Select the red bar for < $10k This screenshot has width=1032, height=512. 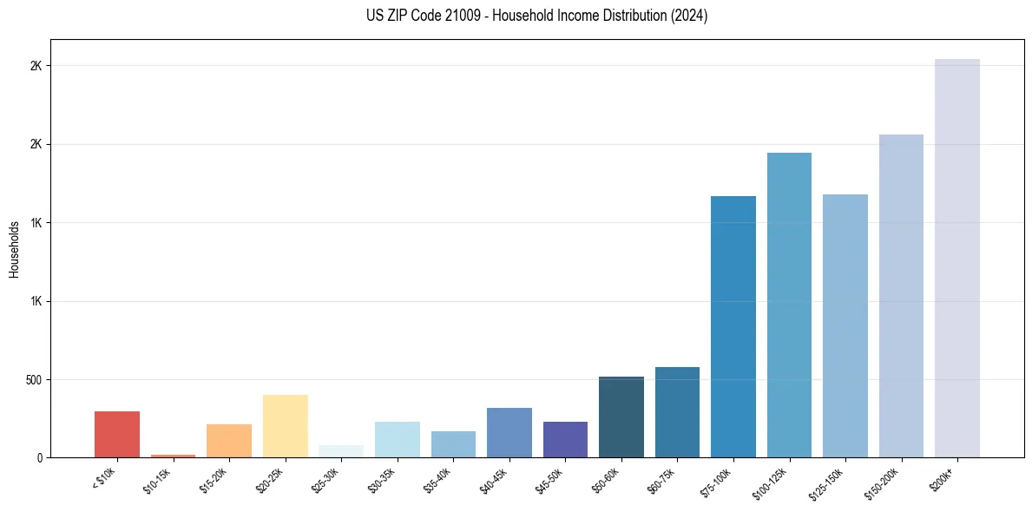click(x=117, y=434)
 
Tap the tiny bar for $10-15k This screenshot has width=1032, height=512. click(x=173, y=456)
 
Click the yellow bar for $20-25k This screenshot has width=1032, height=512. click(x=286, y=426)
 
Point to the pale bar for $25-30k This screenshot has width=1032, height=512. click(x=341, y=451)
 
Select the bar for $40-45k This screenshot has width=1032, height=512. click(x=509, y=432)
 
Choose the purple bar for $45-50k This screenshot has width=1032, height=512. click(x=565, y=439)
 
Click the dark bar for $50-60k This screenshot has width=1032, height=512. click(x=621, y=417)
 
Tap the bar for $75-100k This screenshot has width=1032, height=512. click(x=733, y=326)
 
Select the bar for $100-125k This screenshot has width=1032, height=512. click(x=789, y=305)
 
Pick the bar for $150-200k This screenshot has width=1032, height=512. click(x=901, y=296)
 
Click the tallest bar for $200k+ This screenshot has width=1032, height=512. click(x=957, y=258)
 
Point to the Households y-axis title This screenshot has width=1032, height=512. click(x=14, y=249)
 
